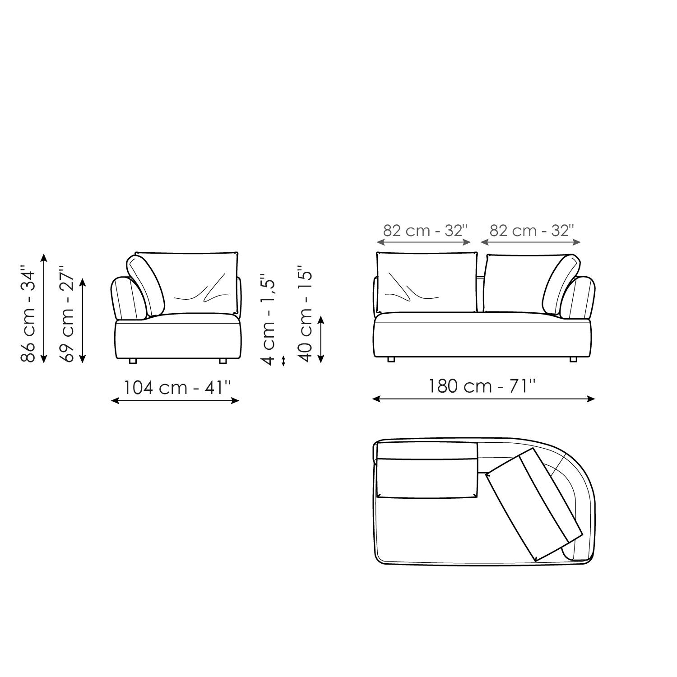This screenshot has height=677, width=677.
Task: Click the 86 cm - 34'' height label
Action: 28,316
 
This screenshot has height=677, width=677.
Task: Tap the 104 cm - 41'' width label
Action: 177,387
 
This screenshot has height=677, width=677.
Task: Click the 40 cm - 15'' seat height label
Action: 306,316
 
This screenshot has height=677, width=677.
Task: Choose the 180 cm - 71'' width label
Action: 482,386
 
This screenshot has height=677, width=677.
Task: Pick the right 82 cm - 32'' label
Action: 531,231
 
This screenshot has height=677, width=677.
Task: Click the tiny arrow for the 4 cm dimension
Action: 283,361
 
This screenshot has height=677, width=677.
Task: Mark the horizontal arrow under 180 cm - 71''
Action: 483,399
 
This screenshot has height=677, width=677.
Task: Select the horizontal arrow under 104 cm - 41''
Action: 175,400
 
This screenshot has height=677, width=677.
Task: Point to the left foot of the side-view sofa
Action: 133,361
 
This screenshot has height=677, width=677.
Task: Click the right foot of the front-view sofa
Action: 573,360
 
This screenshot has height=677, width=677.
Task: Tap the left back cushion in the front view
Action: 427,282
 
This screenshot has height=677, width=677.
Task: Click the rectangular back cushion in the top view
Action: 427,478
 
